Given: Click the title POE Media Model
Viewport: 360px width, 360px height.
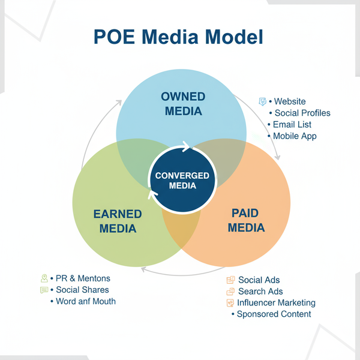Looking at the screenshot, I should (x=179, y=37).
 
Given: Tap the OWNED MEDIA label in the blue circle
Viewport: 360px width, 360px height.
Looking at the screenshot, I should (x=183, y=104).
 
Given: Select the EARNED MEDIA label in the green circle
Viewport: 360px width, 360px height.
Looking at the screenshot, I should (x=118, y=221).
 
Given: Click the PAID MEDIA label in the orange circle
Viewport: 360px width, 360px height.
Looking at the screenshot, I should (x=248, y=220).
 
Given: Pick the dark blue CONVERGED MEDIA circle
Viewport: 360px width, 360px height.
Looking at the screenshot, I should (x=182, y=181).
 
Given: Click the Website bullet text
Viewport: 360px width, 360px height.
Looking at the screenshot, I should (x=290, y=101).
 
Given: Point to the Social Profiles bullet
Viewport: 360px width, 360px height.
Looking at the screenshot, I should (x=302, y=113).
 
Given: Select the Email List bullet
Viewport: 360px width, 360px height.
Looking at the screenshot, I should (x=292, y=124).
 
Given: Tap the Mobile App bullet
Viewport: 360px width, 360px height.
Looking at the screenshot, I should (x=295, y=136).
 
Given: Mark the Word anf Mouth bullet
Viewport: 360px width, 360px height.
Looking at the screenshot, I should (x=86, y=301).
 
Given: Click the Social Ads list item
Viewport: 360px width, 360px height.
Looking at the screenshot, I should (x=259, y=280).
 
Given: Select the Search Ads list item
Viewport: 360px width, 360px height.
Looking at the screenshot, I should (x=260, y=292).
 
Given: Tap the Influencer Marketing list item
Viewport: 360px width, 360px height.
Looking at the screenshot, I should (x=276, y=303).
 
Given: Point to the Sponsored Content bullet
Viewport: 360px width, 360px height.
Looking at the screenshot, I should (x=274, y=314).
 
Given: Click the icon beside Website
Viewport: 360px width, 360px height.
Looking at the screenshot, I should (x=262, y=101).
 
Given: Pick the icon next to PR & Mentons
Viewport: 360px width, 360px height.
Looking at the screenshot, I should (x=44, y=278).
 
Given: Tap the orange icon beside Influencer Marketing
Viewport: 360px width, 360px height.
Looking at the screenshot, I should (x=230, y=303).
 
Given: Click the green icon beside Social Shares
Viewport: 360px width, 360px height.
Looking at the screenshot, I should (x=44, y=290).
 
